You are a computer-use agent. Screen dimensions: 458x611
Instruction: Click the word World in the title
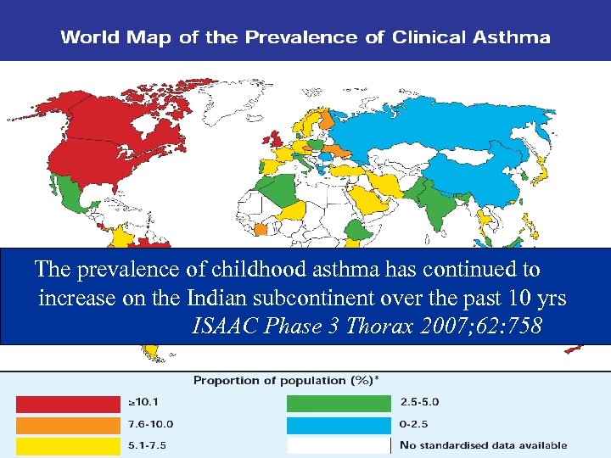point(88,37)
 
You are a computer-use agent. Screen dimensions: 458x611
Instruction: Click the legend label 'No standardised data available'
point(484,445)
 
